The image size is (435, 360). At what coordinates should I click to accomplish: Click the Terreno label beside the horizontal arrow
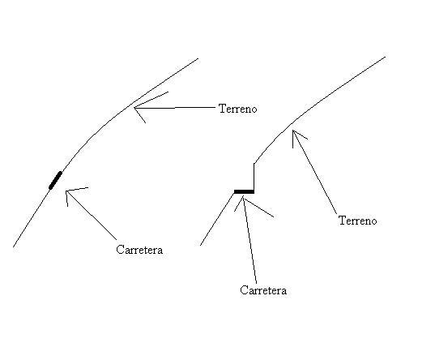[238, 109]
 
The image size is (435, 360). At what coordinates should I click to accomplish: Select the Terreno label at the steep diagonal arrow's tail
[357, 221]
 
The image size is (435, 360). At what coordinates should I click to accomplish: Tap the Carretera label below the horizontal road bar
[263, 290]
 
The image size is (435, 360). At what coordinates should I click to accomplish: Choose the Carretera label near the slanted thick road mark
[139, 250]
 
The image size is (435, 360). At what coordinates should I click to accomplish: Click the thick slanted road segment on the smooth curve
[55, 180]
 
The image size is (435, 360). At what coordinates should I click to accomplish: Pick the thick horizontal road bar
[244, 191]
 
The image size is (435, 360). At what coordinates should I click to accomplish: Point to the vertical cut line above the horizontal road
[254, 177]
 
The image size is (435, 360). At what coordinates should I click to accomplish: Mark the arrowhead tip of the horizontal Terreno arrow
[134, 108]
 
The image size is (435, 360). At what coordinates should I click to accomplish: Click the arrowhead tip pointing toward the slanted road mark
[66, 191]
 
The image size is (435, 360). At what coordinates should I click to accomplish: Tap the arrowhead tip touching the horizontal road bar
[243, 195]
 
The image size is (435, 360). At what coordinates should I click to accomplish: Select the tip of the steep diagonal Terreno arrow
[293, 130]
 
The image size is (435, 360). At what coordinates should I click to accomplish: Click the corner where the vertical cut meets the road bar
[254, 191]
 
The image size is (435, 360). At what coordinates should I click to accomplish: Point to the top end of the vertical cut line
[254, 163]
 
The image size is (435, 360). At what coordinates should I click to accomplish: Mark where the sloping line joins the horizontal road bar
[234, 192]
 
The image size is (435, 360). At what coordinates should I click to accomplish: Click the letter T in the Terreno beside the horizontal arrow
[222, 109]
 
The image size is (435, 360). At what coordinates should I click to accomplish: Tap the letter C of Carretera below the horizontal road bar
[244, 290]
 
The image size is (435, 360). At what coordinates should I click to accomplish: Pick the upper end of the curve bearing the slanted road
[198, 58]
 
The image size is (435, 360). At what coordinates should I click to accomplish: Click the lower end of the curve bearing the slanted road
[14, 246]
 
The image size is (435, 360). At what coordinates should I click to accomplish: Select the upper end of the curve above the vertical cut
[386, 57]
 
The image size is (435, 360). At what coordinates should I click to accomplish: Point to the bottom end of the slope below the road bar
[201, 246]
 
